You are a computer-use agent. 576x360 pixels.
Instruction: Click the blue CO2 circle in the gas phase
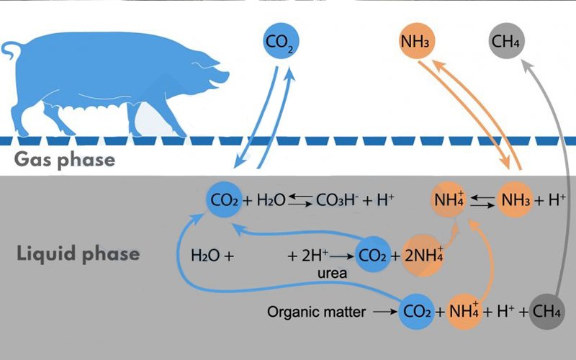281,41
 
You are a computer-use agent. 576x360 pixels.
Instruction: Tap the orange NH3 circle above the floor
417,41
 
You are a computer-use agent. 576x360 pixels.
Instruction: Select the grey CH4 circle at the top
507,41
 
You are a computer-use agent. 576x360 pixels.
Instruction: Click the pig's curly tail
11,50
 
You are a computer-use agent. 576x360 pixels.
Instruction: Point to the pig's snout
222,76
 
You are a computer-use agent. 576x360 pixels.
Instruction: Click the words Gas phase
65,159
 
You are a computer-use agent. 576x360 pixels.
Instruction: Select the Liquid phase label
78,254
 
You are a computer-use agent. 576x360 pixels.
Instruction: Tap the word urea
333,273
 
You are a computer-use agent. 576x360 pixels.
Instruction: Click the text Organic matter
316,312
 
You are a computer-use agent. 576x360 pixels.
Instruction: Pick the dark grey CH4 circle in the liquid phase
547,312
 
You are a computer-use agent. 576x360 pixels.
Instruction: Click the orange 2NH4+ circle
423,256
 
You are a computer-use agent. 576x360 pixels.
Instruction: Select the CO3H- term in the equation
337,200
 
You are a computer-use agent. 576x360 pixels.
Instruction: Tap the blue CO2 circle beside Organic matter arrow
417,312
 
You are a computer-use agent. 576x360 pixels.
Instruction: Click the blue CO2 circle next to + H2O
224,200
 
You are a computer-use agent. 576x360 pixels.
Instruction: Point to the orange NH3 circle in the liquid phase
515,200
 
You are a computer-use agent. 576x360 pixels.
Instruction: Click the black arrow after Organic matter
385,312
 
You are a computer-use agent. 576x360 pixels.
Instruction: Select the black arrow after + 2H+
341,256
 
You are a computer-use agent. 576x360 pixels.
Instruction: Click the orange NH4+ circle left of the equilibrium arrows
449,200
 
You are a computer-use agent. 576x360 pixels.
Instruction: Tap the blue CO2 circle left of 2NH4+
373,255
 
